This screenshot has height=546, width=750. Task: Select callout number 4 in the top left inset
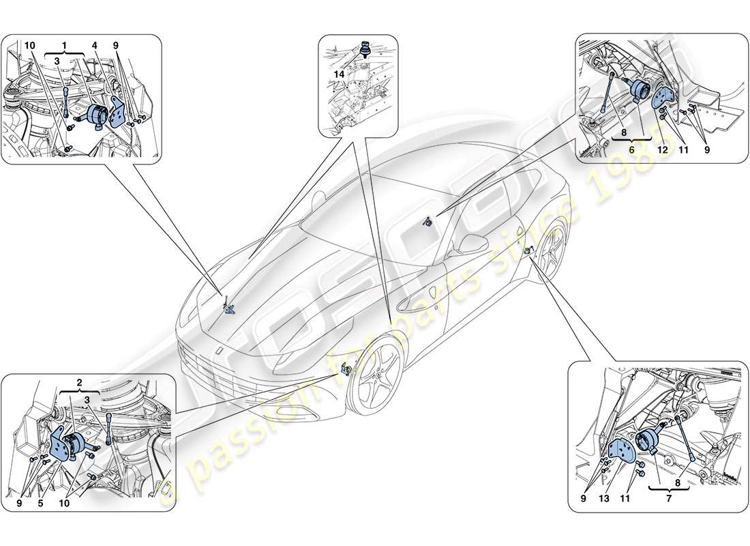coord(95,46)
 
